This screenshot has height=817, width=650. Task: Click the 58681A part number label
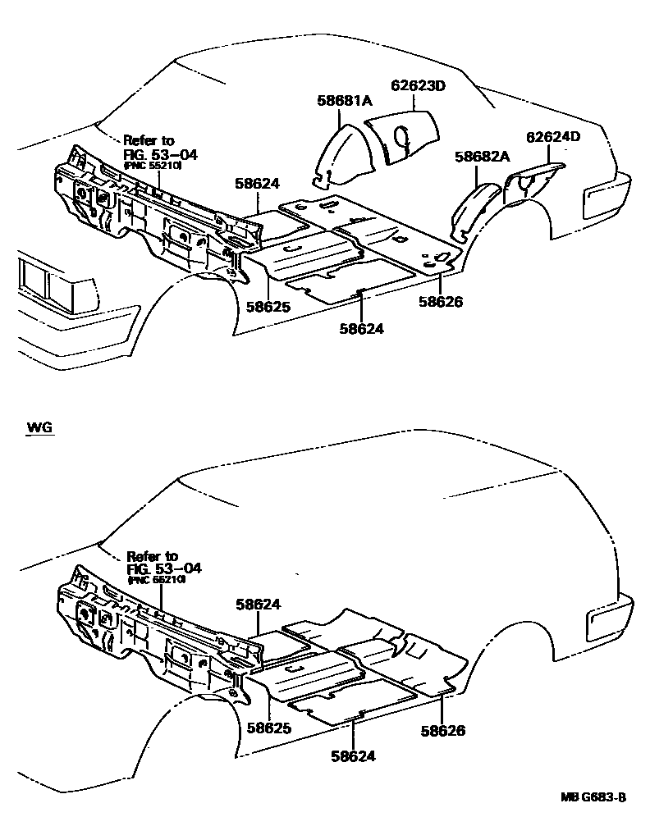click(345, 100)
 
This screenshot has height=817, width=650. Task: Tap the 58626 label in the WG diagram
click(443, 729)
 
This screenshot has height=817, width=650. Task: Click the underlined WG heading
click(39, 427)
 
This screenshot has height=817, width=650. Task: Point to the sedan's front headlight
click(37, 283)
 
